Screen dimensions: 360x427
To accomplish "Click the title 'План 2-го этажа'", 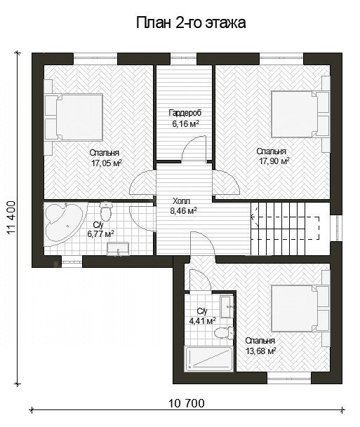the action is (x=191, y=23).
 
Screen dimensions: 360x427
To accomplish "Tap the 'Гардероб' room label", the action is (x=185, y=112).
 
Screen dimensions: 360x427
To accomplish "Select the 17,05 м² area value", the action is (x=106, y=163).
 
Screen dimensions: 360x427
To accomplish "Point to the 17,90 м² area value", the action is (x=274, y=161).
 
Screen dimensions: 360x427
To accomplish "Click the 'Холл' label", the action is (x=181, y=201).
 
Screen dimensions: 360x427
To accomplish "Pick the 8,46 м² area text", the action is (x=183, y=211).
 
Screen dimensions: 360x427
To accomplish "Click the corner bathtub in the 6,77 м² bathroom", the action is (x=65, y=223).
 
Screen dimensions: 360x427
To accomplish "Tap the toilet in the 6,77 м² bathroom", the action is (x=105, y=211).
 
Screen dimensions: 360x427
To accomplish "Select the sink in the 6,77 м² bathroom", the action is (x=118, y=249).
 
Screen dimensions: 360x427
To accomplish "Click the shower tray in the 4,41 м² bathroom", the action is (x=209, y=358).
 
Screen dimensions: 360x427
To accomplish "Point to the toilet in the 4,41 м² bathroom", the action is (x=224, y=333).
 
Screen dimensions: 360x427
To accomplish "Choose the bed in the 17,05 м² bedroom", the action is (x=74, y=117).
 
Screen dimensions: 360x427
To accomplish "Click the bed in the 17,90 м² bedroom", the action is (x=300, y=114).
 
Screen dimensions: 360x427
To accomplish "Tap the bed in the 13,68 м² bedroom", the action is (x=300, y=309).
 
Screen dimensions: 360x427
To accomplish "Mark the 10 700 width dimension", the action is (x=187, y=403).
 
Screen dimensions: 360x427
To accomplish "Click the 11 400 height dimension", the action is (x=11, y=218).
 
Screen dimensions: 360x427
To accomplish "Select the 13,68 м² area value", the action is (x=261, y=351).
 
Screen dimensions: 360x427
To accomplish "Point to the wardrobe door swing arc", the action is (x=191, y=144).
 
